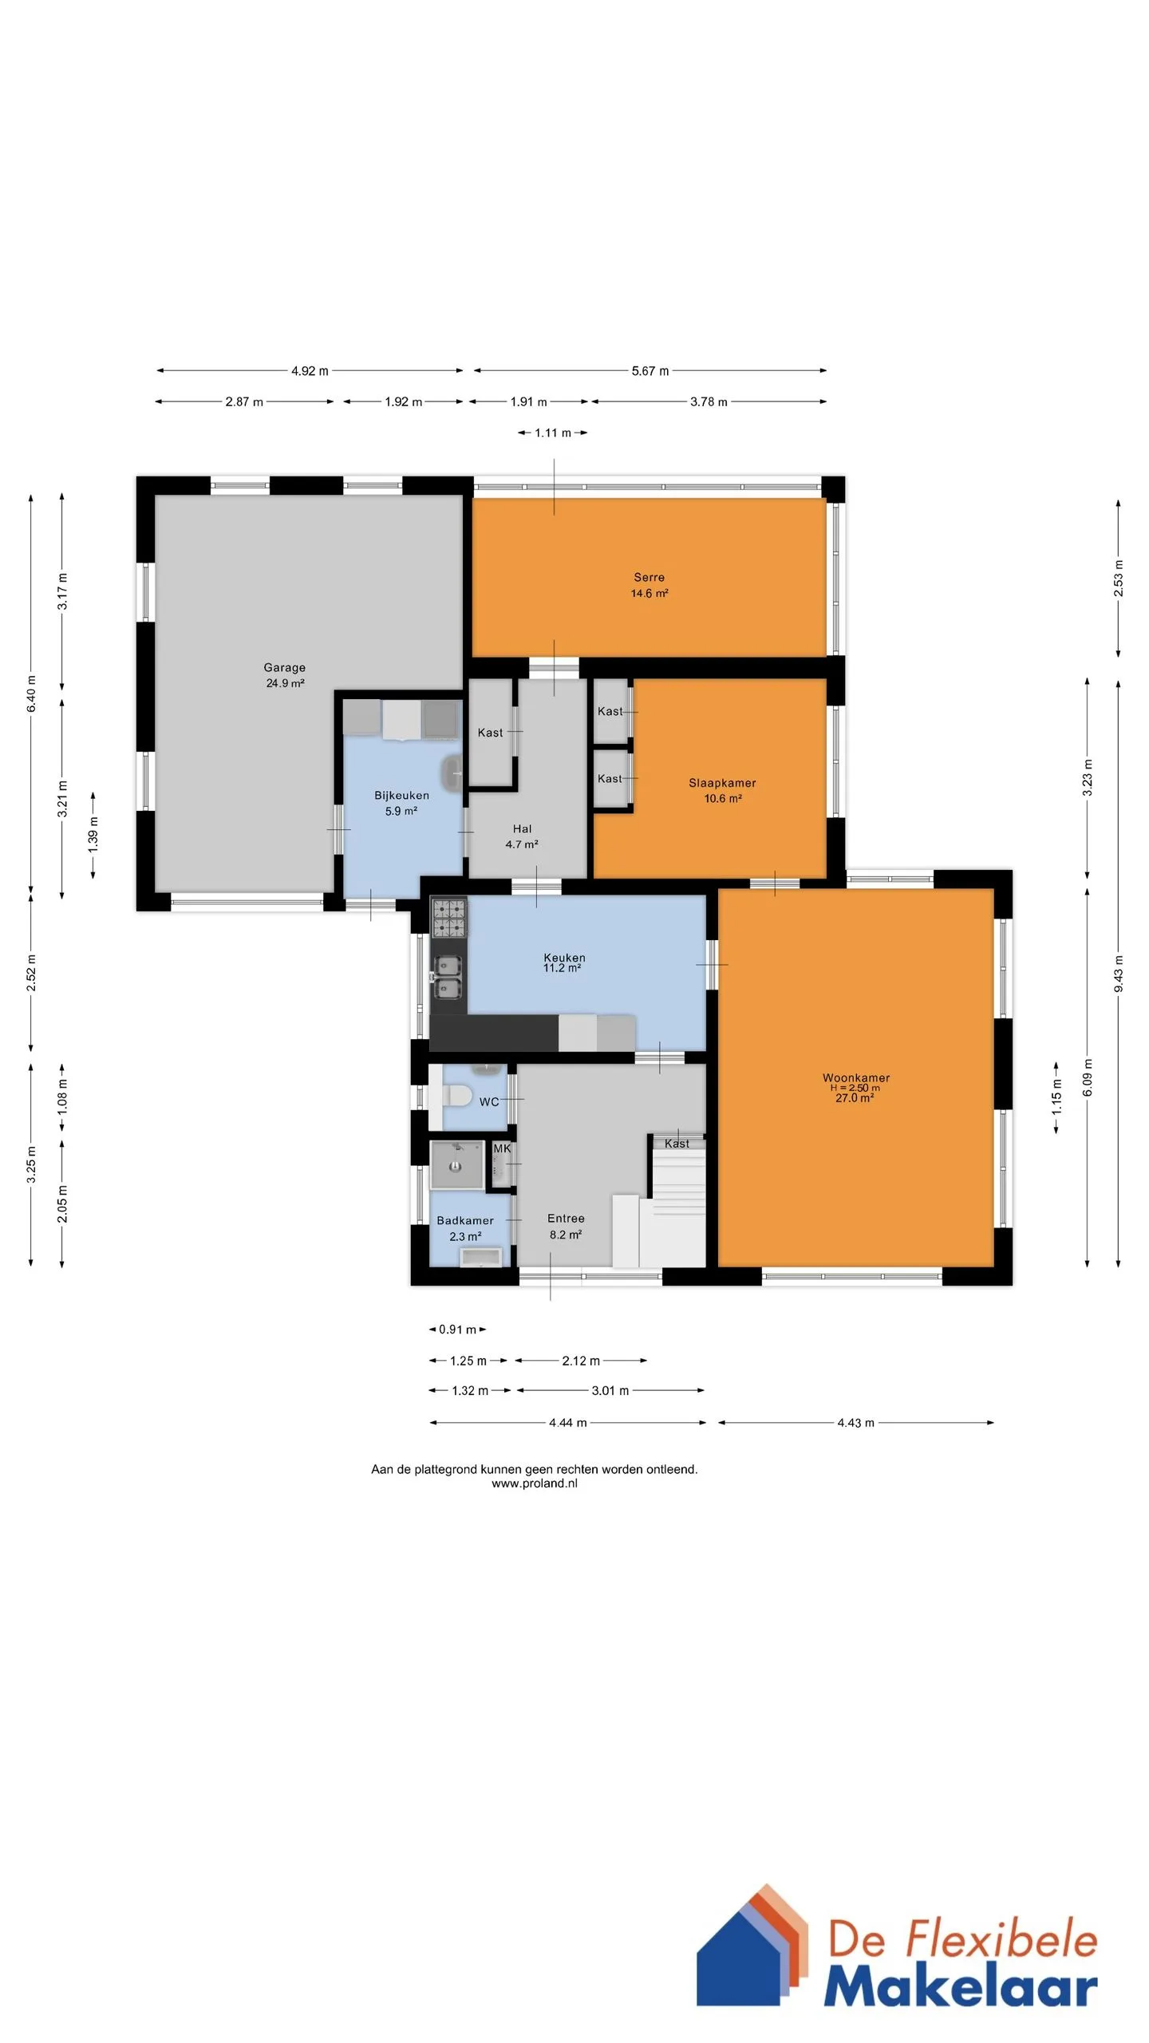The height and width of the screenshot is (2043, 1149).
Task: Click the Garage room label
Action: pos(285,675)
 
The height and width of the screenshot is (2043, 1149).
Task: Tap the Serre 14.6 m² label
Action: pos(650,585)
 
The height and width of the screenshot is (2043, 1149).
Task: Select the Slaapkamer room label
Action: pos(722,790)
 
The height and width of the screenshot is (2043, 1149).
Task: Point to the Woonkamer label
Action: pos(855,1087)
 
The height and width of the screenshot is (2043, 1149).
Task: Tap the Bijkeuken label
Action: pos(401,803)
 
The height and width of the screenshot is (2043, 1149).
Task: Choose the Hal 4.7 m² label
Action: pos(522,836)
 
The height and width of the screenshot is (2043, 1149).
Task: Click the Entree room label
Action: pos(566,1226)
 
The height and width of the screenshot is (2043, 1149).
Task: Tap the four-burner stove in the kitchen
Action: pos(448,917)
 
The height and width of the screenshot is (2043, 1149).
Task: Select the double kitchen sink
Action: pos(447,978)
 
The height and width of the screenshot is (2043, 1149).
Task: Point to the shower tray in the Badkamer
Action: pos(456,1165)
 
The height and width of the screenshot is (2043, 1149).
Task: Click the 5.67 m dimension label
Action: pos(650,370)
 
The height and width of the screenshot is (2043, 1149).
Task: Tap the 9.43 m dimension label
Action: pos(1119,974)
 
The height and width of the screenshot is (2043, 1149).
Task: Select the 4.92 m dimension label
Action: pos(310,370)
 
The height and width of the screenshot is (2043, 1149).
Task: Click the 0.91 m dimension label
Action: pos(457,1330)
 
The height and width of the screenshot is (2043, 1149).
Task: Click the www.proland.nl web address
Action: pos(534,1484)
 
